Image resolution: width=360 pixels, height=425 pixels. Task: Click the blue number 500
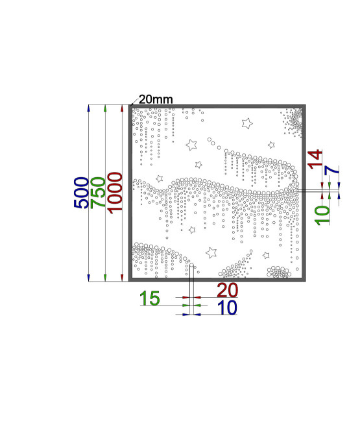pyautogui.click(x=81, y=193)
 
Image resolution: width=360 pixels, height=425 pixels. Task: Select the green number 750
pyautogui.click(x=98, y=193)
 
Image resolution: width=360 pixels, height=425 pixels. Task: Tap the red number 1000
pyautogui.click(x=115, y=193)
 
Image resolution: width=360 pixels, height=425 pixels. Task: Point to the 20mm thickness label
pyautogui.click(x=156, y=99)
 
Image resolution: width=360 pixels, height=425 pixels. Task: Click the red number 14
pyautogui.click(x=315, y=160)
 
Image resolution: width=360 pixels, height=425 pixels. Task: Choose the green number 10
pyautogui.click(x=322, y=215)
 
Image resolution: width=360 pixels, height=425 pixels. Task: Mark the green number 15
pyautogui.click(x=150, y=298)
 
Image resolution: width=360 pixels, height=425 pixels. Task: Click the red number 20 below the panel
pyautogui.click(x=228, y=290)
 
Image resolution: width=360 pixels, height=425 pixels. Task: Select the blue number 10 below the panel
pyautogui.click(x=227, y=308)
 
